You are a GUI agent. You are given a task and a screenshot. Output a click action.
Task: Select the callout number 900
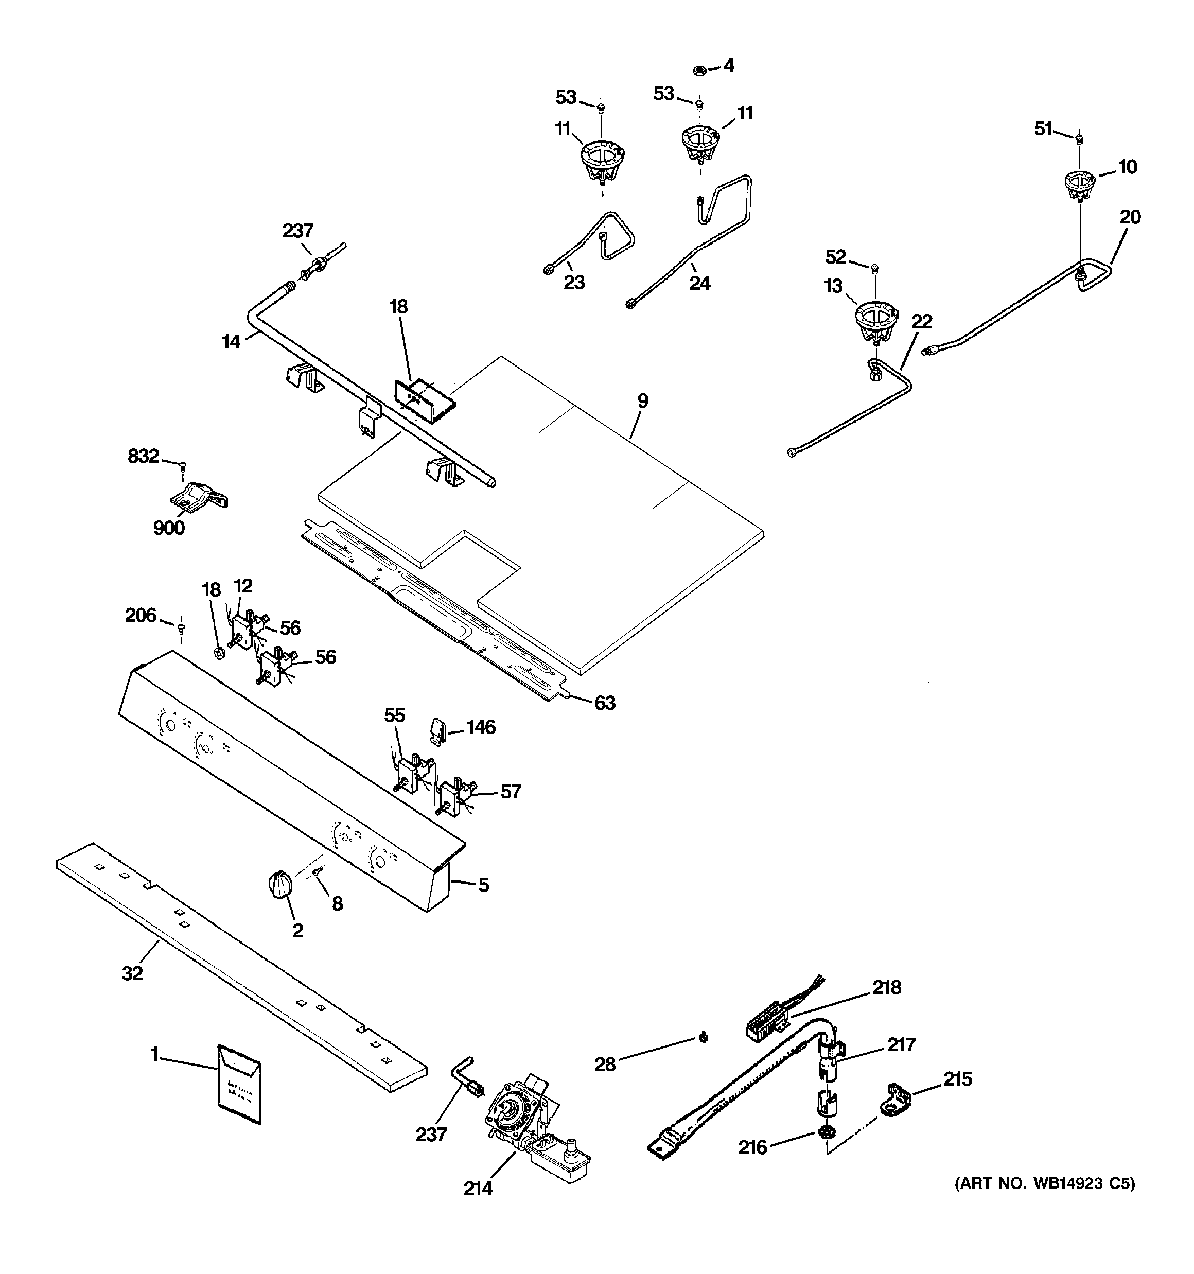(169, 528)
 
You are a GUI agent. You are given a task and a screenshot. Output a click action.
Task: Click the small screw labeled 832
(182, 464)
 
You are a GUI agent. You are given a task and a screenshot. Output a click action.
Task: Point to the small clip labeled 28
(704, 1036)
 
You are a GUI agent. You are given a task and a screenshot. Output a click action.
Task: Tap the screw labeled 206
(181, 626)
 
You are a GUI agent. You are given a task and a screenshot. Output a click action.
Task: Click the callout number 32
(132, 973)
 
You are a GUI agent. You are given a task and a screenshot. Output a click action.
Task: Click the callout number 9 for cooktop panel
(642, 401)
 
